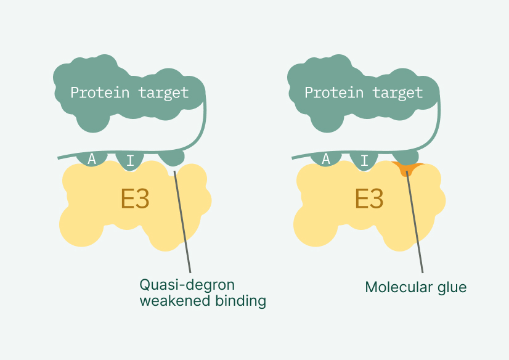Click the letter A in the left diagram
[92, 159]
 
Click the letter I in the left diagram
[129, 162]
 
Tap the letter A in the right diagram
[326, 159]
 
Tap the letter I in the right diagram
[364, 162]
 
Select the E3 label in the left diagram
[135, 199]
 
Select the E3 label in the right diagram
[369, 199]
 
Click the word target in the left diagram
[163, 93]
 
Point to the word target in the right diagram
[397, 93]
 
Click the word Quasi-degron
[187, 285]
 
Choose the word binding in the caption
[241, 301]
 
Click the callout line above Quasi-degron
[183, 222]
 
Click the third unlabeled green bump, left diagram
[173, 159]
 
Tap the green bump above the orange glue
[406, 157]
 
